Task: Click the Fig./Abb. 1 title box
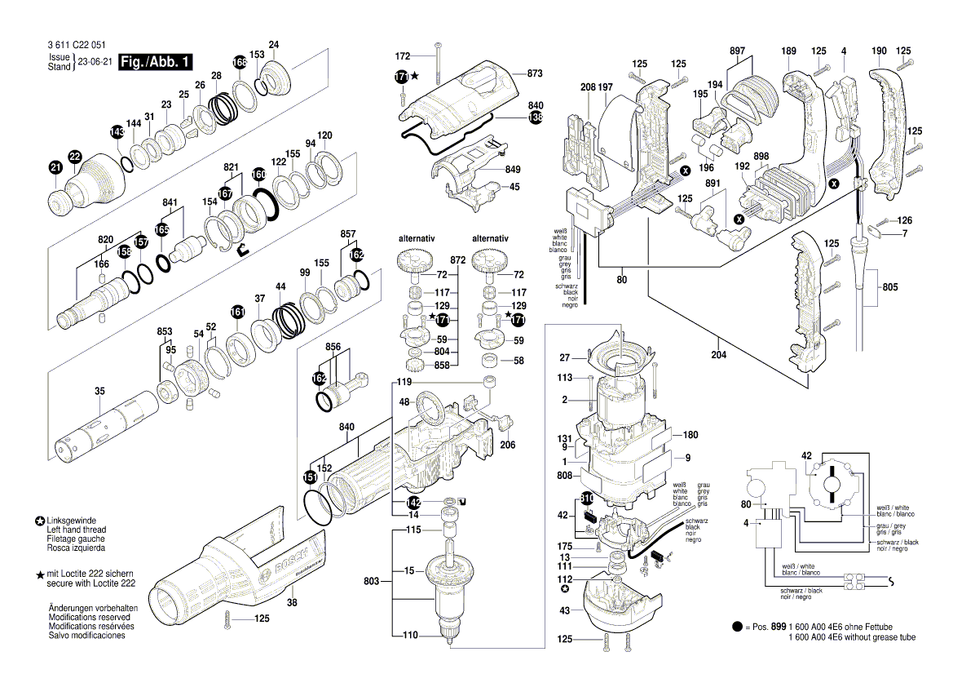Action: click(x=156, y=62)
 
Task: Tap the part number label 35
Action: click(x=99, y=392)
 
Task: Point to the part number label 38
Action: click(x=291, y=603)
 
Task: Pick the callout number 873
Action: click(x=535, y=73)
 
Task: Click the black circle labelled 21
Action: click(x=55, y=168)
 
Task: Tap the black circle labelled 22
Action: click(x=75, y=156)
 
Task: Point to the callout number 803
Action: click(x=371, y=581)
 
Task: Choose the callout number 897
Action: click(x=737, y=51)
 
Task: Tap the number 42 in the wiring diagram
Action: click(x=806, y=455)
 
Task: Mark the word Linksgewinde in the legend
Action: click(x=73, y=521)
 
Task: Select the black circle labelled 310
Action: click(x=587, y=498)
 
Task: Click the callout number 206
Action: click(x=507, y=445)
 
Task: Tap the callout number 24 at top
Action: click(x=274, y=44)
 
